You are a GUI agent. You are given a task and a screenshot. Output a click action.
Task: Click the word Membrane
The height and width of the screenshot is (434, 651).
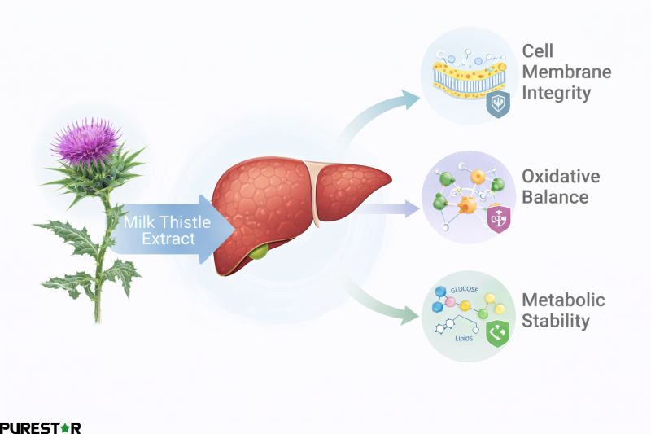click(x=566, y=72)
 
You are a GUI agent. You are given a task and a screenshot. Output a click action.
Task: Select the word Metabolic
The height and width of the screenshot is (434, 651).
click(x=563, y=300)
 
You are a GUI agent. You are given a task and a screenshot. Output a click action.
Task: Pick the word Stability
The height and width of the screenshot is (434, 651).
click(x=555, y=321)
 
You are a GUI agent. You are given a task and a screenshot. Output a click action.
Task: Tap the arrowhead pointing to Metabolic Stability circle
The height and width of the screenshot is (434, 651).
click(x=411, y=317)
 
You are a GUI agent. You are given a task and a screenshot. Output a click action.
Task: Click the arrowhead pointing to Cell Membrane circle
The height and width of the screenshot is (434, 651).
click(x=411, y=100)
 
